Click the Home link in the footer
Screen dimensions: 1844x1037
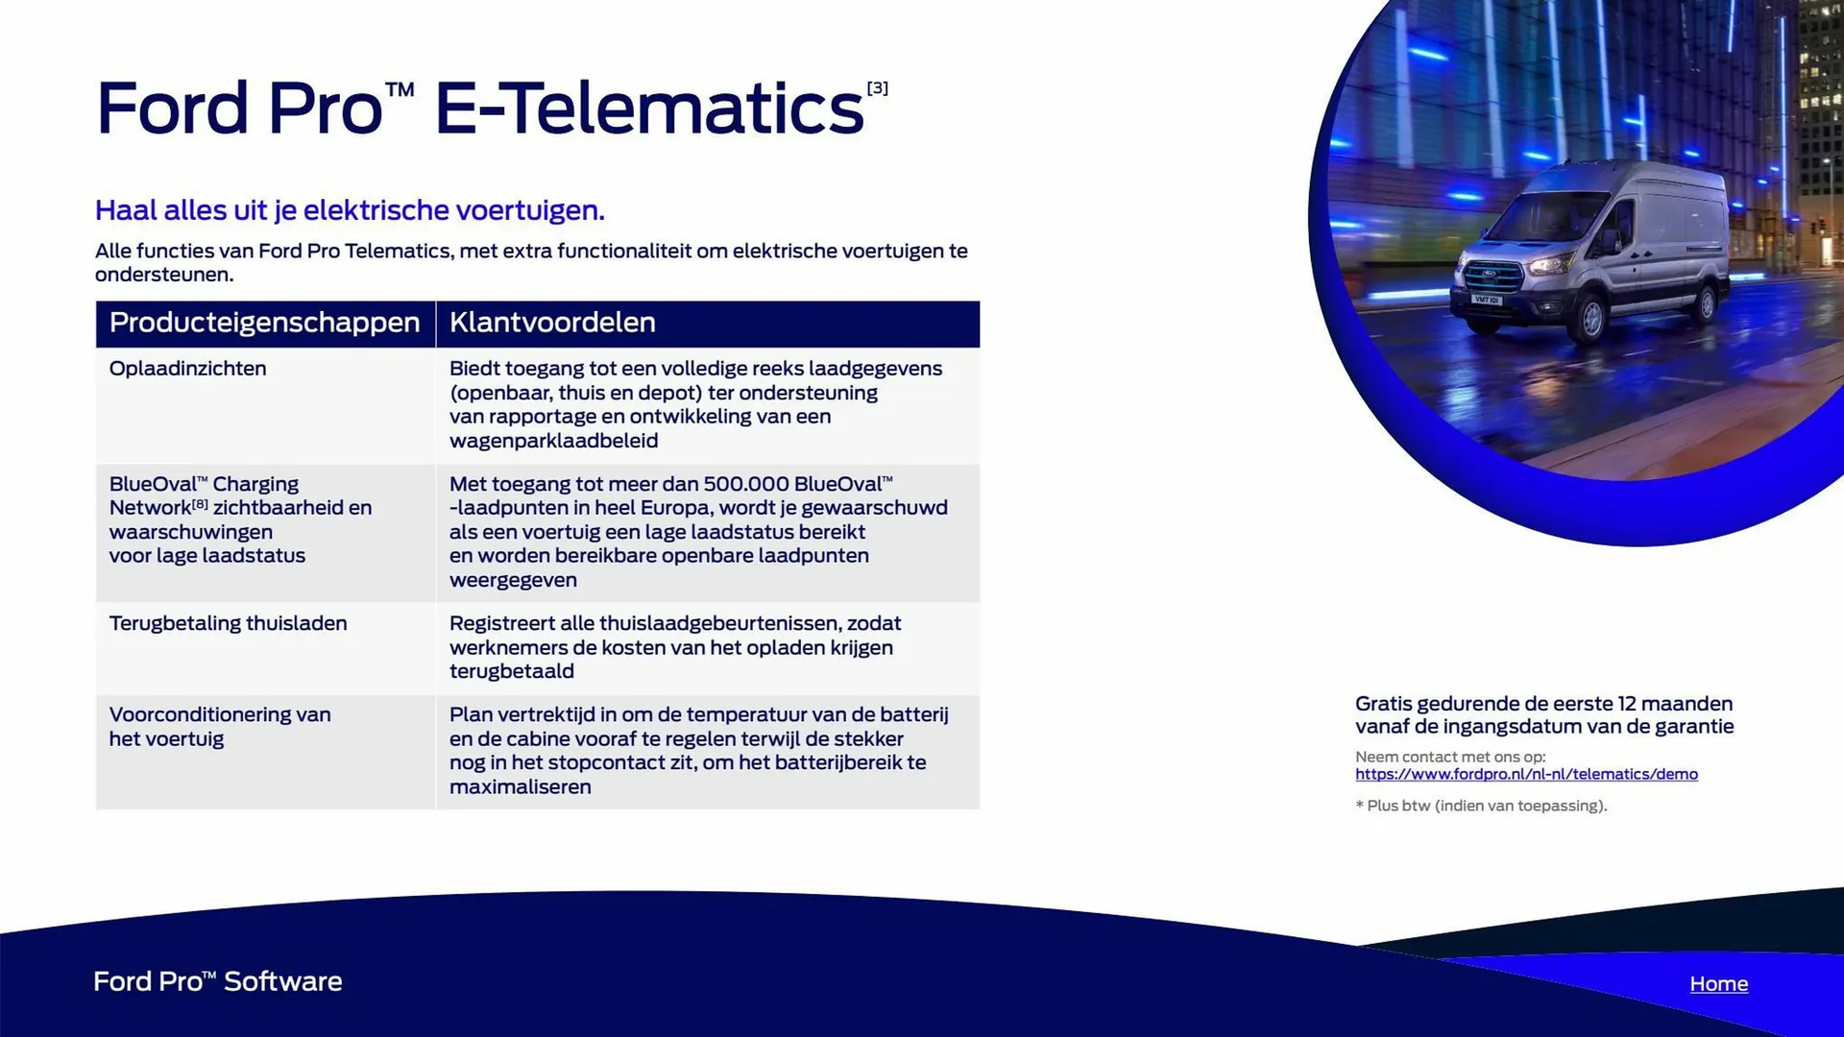pos(1718,983)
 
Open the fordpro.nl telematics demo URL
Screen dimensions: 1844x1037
pos(1526,774)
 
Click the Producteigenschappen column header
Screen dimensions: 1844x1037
pos(264,323)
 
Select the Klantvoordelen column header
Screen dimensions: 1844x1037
pos(552,323)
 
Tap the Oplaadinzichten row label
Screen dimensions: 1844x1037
pos(187,369)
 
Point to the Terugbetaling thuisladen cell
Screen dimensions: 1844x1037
pos(228,623)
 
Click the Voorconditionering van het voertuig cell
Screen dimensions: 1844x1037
pos(220,727)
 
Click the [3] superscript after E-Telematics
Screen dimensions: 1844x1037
pos(878,88)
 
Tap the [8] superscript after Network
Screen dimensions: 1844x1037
pos(200,504)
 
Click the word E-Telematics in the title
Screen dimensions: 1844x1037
pos(649,108)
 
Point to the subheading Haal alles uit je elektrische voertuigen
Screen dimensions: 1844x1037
pos(350,210)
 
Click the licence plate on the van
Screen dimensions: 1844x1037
pos(1487,301)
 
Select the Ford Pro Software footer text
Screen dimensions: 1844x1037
pos(218,981)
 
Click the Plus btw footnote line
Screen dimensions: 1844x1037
pos(1481,806)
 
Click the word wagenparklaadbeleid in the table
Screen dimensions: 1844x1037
pos(553,441)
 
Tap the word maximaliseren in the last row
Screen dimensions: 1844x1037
pos(521,786)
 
